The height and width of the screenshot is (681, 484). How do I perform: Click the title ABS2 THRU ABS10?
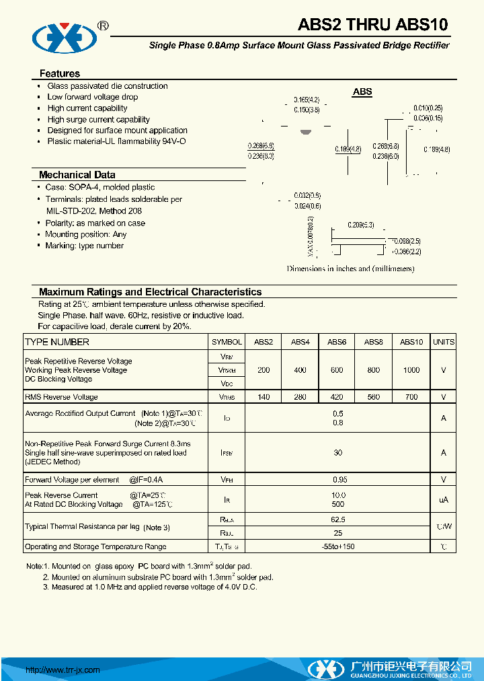pyautogui.click(x=372, y=26)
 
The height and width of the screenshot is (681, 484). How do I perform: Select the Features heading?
pyautogui.click(x=60, y=73)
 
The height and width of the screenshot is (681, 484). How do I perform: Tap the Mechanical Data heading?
pyautogui.click(x=77, y=175)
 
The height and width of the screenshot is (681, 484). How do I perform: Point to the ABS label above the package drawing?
pyautogui.click(x=362, y=92)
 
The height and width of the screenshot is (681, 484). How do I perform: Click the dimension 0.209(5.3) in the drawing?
pyautogui.click(x=360, y=225)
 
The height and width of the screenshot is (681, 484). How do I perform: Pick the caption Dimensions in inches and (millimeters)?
pyautogui.click(x=350, y=268)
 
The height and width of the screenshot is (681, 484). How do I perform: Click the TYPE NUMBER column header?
pyautogui.click(x=57, y=342)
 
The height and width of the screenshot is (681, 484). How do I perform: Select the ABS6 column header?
pyautogui.click(x=337, y=342)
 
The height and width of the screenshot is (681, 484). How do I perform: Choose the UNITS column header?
pyautogui.click(x=444, y=342)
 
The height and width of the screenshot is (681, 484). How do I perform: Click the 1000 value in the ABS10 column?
pyautogui.click(x=411, y=370)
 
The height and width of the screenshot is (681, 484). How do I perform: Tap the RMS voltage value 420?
pyautogui.click(x=337, y=397)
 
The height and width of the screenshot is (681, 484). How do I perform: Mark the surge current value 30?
pyautogui.click(x=337, y=453)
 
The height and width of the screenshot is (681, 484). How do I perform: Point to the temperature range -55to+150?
pyautogui.click(x=337, y=546)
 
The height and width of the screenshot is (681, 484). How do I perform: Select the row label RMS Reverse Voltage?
pyautogui.click(x=61, y=397)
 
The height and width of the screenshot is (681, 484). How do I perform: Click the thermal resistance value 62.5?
pyautogui.click(x=337, y=519)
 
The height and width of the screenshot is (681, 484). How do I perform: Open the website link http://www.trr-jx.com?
pyautogui.click(x=63, y=670)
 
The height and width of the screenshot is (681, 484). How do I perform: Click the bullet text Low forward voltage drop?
pyautogui.click(x=92, y=97)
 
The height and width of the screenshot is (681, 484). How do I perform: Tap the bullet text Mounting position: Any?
pyautogui.click(x=85, y=234)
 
